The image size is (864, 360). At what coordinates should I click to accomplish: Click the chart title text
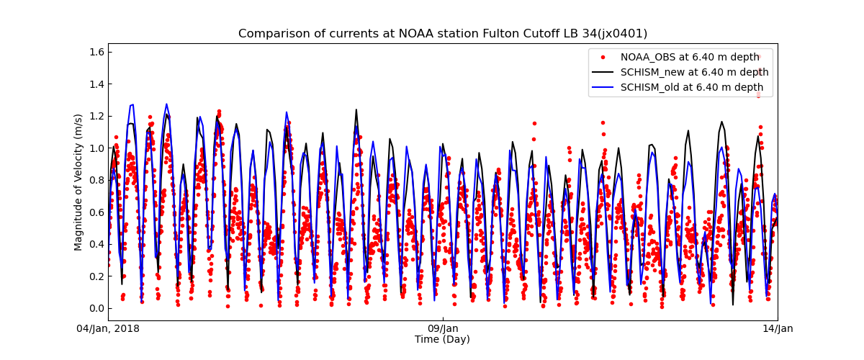click(x=443, y=34)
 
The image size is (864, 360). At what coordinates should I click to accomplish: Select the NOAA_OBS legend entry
click(x=689, y=57)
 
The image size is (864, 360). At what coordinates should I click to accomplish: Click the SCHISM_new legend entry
click(x=694, y=72)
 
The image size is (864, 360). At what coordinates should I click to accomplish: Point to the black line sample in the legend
click(x=603, y=72)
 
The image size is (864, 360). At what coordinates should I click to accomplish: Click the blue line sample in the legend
click(x=603, y=87)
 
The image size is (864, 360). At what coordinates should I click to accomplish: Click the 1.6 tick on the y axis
click(x=96, y=52)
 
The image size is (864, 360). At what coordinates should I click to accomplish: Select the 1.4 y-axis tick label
click(x=96, y=84)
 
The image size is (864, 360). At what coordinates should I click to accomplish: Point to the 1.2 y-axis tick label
click(x=96, y=116)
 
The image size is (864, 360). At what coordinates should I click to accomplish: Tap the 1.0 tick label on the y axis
click(x=96, y=148)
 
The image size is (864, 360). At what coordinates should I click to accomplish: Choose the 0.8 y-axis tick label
click(x=96, y=180)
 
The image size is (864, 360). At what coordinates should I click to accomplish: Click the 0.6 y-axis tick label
click(x=96, y=212)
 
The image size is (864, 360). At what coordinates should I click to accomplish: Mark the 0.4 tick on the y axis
click(x=96, y=244)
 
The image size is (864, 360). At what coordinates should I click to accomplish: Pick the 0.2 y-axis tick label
click(x=96, y=276)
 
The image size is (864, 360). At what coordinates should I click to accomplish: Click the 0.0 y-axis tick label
click(x=96, y=308)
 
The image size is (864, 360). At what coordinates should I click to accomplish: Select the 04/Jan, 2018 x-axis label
click(x=109, y=329)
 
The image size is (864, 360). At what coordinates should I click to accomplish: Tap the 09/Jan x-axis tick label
click(x=443, y=329)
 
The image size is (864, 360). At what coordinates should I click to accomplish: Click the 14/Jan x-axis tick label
click(x=777, y=329)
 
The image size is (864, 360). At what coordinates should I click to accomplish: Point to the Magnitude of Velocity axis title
click(x=78, y=182)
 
